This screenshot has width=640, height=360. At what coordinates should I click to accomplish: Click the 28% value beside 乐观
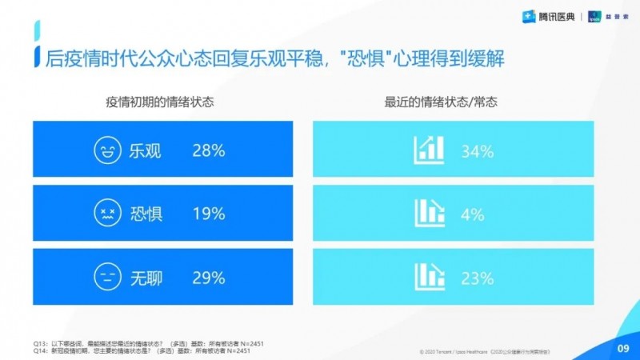click(x=208, y=150)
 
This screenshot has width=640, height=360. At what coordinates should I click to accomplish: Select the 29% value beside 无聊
click(x=208, y=278)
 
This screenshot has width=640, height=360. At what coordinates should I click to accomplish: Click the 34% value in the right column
click(x=475, y=150)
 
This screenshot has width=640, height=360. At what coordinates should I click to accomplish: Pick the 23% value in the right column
click(x=475, y=278)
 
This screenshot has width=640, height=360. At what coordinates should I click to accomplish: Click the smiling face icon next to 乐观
click(x=105, y=150)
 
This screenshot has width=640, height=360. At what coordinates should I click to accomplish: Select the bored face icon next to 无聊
click(x=105, y=278)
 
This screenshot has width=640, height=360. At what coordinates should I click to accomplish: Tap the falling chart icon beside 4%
click(x=429, y=212)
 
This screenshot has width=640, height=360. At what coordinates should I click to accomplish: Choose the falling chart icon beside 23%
click(x=429, y=276)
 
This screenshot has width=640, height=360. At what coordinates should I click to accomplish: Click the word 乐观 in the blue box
click(x=145, y=150)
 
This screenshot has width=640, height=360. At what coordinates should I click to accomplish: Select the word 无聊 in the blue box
click(x=145, y=278)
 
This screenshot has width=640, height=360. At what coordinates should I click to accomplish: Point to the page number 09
click(x=622, y=348)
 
